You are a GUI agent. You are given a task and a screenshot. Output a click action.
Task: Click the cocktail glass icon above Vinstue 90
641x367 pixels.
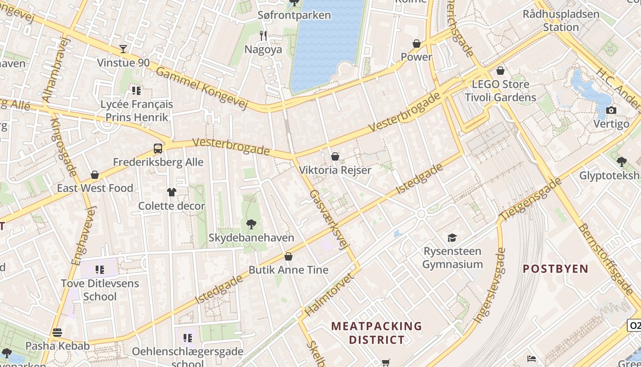tap(123, 49)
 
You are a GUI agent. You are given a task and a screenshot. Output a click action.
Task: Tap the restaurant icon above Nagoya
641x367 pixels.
tap(263, 35)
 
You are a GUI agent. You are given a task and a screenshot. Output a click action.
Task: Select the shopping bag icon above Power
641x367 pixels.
tap(417, 44)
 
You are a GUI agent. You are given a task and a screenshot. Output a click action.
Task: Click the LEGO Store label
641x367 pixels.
tap(500, 84)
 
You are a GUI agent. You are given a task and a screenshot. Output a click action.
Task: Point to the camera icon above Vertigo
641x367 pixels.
tap(611, 110)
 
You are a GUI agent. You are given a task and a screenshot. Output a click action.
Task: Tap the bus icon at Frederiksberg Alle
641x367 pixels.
tap(158, 148)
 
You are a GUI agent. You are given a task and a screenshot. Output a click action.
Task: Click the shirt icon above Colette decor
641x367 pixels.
tap(171, 192)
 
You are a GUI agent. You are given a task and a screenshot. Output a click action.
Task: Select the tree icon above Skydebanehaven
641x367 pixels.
tap(251, 224)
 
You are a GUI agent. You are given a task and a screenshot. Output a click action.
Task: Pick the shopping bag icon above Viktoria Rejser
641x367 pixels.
tap(335, 156)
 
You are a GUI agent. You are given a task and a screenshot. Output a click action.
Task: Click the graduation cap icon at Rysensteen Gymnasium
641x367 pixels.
tap(452, 237)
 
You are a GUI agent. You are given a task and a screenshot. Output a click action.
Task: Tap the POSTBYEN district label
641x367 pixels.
tap(555, 269)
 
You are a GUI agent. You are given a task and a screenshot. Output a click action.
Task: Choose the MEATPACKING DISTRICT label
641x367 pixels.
tap(376, 333)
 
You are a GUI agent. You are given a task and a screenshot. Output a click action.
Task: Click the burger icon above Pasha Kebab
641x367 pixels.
tap(57, 332)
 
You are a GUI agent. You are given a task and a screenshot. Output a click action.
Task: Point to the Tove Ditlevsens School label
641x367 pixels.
tap(100, 290)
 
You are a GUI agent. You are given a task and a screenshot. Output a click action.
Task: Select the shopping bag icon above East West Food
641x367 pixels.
tap(95, 175)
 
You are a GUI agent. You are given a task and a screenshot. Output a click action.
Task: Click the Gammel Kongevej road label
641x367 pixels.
tap(201, 88)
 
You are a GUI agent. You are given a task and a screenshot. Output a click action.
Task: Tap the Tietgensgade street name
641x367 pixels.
tap(531, 198)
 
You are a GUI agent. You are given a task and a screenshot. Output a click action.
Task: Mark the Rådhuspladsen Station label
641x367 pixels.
tap(561, 21)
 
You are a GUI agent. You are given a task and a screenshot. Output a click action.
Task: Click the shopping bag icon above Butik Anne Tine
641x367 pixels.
tap(288, 256)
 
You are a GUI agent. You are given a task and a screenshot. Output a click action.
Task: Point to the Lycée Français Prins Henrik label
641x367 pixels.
tap(136, 111)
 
